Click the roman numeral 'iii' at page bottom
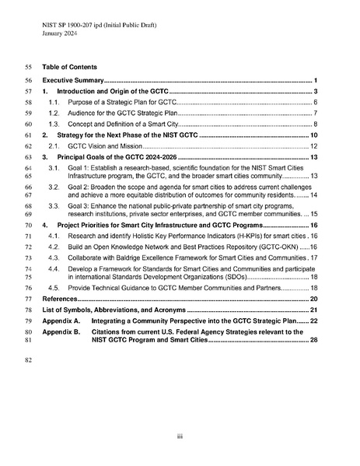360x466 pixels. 180,436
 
